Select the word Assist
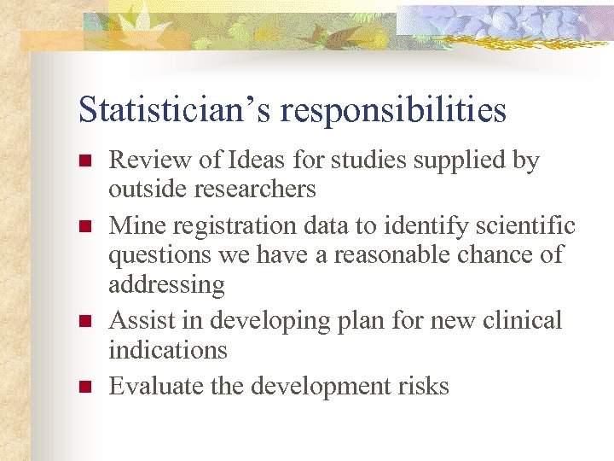point(142,320)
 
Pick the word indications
point(168,349)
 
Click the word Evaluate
point(157,386)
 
